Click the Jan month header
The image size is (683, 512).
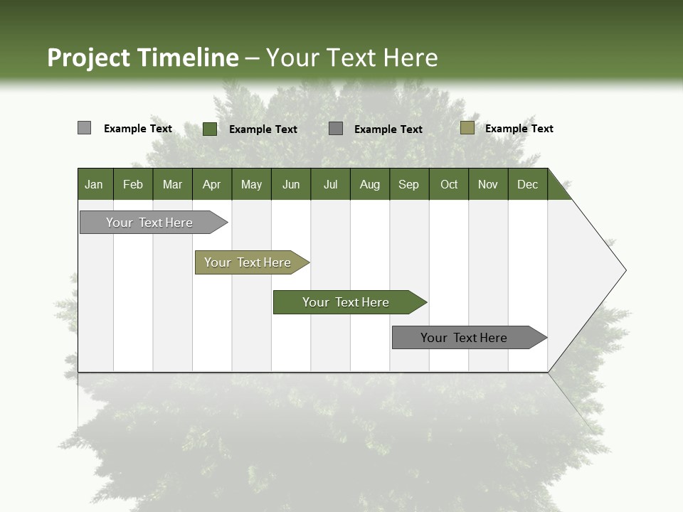tap(95, 184)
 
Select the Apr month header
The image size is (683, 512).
tap(212, 184)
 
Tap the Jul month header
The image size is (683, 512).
tap(330, 184)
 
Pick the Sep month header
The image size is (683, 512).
tap(409, 184)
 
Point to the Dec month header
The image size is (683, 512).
tap(527, 184)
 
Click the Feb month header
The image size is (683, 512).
tap(133, 184)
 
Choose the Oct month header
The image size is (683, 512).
tap(449, 184)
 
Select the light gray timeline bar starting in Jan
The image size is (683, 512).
tap(149, 223)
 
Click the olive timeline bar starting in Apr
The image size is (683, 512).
tap(248, 262)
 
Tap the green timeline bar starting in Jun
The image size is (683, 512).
tap(346, 302)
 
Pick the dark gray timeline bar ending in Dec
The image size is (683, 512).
tap(464, 338)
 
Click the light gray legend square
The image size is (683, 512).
tap(84, 128)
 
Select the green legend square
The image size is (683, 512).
tap(209, 129)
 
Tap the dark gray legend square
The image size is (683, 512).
tap(336, 128)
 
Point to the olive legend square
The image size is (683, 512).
tap(467, 128)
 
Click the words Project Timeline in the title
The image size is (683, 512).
tap(142, 58)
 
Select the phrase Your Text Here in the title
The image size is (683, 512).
tap(352, 58)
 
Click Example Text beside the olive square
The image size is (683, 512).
tap(519, 129)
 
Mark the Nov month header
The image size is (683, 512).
tap(488, 184)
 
